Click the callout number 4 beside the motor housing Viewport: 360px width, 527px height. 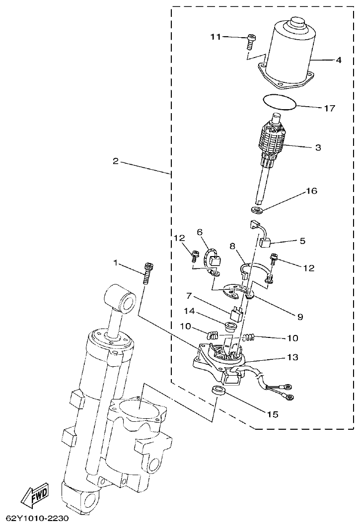coord(338,61)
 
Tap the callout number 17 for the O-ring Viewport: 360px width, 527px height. coord(330,108)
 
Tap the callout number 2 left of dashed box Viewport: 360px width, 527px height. coord(115,161)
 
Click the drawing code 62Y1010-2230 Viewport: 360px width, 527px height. coord(34,519)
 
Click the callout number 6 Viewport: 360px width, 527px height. coord(200,232)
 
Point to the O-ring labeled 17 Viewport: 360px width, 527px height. coord(280,103)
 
